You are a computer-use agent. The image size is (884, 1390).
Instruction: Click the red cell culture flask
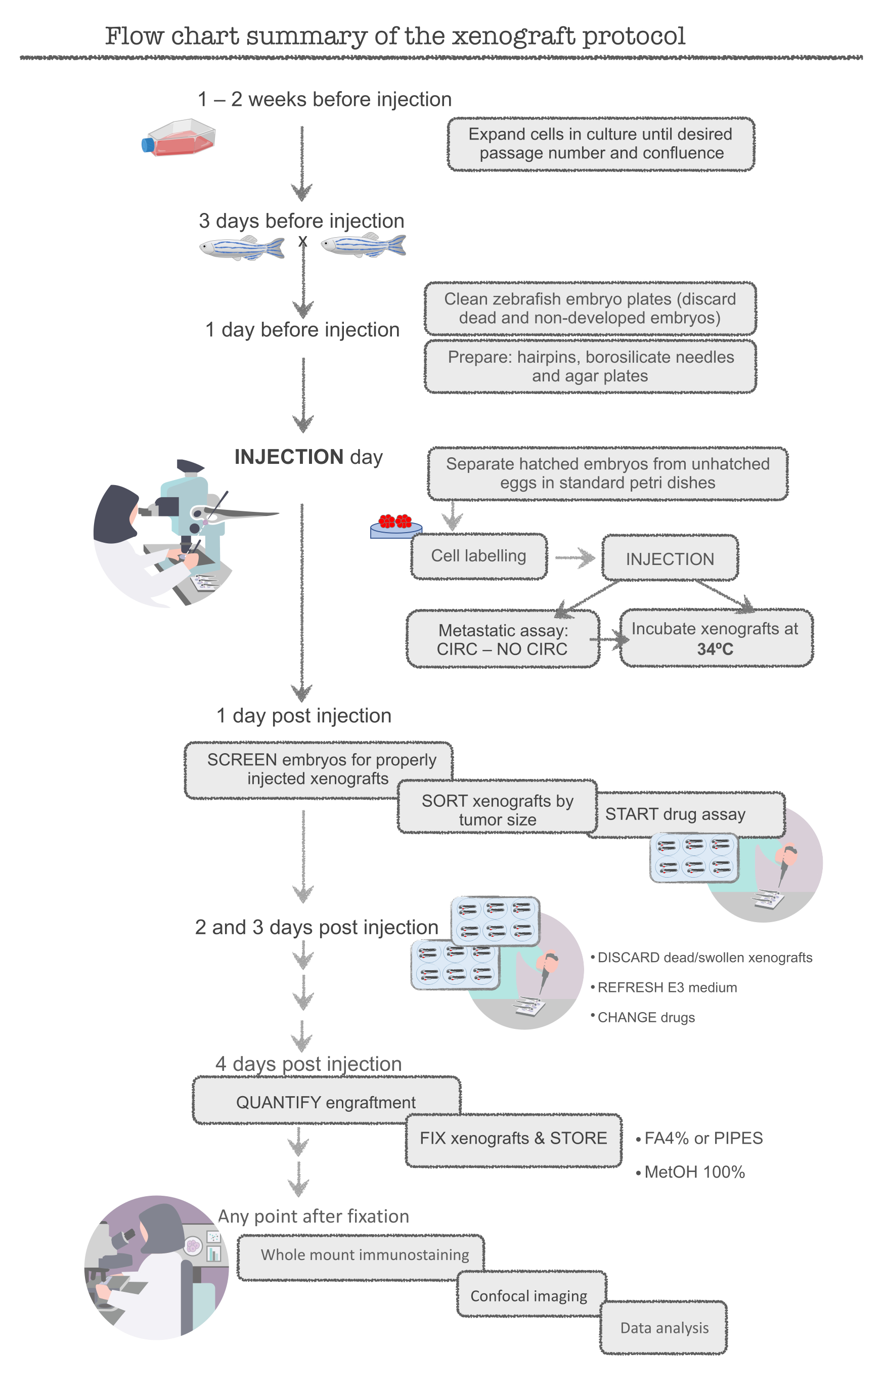(179, 138)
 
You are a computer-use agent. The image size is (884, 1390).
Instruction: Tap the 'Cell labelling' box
(478, 556)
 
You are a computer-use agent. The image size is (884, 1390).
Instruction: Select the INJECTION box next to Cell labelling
(670, 559)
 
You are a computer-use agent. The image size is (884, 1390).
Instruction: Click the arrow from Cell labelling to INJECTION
(574, 557)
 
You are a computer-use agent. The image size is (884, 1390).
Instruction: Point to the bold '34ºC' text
(715, 649)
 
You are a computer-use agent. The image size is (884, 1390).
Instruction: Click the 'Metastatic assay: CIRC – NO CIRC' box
(502, 639)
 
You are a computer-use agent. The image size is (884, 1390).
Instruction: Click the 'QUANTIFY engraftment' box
(326, 1102)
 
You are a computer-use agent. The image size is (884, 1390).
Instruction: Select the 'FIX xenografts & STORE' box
(513, 1138)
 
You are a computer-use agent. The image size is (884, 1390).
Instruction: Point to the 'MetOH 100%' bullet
(694, 1172)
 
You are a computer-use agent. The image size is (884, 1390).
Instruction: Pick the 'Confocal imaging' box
(528, 1296)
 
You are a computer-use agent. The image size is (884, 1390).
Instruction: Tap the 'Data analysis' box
(664, 1328)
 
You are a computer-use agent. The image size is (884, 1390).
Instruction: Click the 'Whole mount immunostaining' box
(364, 1254)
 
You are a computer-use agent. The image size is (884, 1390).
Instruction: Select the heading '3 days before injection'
(301, 221)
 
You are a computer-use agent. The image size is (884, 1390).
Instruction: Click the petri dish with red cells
(396, 526)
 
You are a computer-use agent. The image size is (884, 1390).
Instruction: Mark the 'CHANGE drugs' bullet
(646, 1017)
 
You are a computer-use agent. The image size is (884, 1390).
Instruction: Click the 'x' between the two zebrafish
(303, 242)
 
